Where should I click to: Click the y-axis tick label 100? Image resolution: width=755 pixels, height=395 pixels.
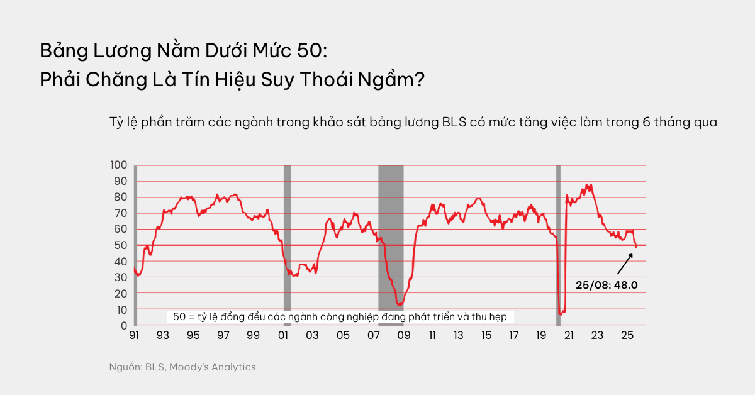pos(118,165)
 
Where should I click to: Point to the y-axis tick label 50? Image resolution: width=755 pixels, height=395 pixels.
pos(121,245)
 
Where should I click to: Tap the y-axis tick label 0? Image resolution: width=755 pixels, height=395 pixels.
pos(124,326)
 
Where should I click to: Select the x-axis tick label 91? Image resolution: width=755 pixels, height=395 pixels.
pos(133,336)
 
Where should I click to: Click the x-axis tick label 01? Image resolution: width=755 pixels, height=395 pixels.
pos(283,336)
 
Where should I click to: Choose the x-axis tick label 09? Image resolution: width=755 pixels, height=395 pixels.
pos(403,336)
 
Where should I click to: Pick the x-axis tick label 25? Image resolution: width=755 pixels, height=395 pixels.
pos(627,336)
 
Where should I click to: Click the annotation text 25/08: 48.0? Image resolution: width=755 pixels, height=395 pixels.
pos(607,285)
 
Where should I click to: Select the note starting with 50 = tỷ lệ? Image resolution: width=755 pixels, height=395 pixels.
pos(340,317)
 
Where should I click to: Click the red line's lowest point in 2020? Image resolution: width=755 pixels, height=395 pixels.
pos(561,313)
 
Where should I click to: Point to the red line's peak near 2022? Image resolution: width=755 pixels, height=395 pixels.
pos(587,185)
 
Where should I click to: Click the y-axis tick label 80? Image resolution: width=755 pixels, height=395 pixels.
pos(121,197)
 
